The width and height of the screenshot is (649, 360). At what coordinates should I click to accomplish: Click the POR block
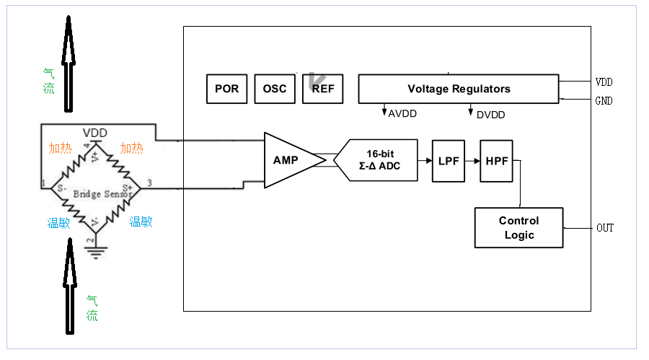226,89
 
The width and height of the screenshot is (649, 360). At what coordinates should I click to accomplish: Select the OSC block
275,89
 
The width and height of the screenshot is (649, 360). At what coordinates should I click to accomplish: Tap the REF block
322,89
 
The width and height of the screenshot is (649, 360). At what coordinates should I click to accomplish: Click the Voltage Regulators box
459,89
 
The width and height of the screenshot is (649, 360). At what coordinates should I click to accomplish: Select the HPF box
496,160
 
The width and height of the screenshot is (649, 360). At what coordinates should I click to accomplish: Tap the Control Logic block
518,227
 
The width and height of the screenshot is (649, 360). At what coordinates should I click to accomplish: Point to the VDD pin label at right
604,82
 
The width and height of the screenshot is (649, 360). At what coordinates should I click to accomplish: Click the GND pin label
604,101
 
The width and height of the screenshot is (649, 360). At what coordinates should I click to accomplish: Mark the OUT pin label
604,228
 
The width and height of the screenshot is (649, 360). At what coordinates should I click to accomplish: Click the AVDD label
402,114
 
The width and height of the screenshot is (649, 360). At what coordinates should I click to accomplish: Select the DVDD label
490,115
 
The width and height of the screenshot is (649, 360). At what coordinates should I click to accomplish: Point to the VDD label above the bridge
95,133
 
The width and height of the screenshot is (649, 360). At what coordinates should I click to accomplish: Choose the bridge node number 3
149,183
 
